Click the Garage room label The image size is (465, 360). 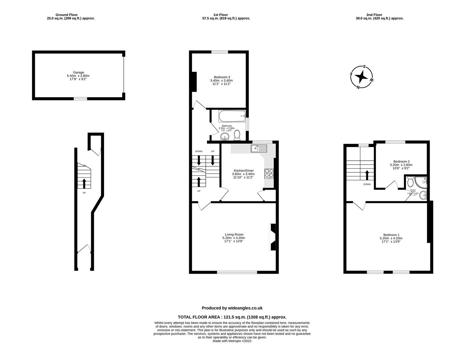[x=78, y=72]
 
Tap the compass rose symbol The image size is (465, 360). [x=362, y=77]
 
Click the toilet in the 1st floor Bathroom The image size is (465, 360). [x=237, y=135]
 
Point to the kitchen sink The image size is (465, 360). [x=259, y=148]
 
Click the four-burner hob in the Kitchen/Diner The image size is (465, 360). [x=269, y=173]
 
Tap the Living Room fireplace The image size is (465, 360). [x=272, y=237]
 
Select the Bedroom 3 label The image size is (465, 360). [x=222, y=77]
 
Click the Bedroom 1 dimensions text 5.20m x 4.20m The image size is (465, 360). [x=391, y=238]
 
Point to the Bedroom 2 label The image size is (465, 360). [x=401, y=161]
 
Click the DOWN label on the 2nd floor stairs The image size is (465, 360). [x=367, y=184]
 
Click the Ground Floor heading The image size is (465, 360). [x=71, y=15]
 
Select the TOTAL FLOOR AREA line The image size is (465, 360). [x=232, y=317]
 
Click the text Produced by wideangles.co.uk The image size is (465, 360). [x=232, y=308]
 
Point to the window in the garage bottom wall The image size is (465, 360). [x=80, y=98]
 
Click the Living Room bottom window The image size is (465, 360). [x=237, y=272]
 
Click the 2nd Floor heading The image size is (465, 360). [x=379, y=15]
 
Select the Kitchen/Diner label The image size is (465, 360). [x=243, y=170]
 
